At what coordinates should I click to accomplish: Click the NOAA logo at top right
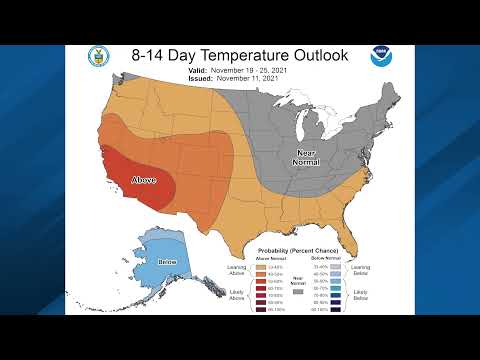coord(381,56)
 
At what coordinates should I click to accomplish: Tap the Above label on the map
coord(146,181)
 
